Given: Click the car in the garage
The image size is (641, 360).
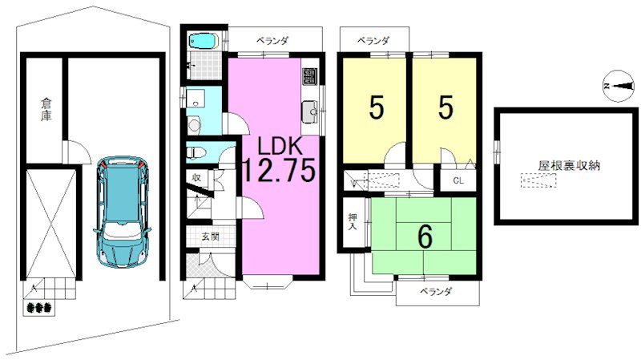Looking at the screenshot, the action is click(x=123, y=212).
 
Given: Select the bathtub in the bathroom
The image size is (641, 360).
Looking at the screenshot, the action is click(x=204, y=41).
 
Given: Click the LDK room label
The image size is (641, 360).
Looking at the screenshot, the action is click(x=279, y=146).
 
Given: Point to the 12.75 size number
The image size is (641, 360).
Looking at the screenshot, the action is click(x=280, y=169).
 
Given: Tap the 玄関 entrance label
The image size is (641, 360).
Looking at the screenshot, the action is click(x=210, y=237).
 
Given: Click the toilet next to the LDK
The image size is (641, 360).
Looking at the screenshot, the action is click(x=196, y=153).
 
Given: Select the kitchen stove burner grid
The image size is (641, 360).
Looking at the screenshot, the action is click(x=310, y=76).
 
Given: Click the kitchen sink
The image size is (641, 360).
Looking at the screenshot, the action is click(x=311, y=111).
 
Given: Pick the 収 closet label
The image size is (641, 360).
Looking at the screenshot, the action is click(x=196, y=178).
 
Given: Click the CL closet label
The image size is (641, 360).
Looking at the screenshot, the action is click(x=458, y=180).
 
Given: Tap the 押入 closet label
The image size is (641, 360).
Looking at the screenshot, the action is click(x=353, y=221).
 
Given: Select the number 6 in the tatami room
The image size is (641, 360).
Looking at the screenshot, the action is click(x=425, y=237).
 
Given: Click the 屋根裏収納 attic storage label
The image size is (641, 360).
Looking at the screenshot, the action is click(x=569, y=166).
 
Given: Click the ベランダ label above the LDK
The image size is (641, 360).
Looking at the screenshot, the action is click(x=272, y=41).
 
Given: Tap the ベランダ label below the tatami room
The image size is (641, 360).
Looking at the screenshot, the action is click(x=436, y=292).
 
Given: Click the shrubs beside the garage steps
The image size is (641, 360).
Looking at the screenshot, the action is click(x=38, y=307).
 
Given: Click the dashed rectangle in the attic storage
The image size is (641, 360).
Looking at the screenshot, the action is click(x=538, y=180).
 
